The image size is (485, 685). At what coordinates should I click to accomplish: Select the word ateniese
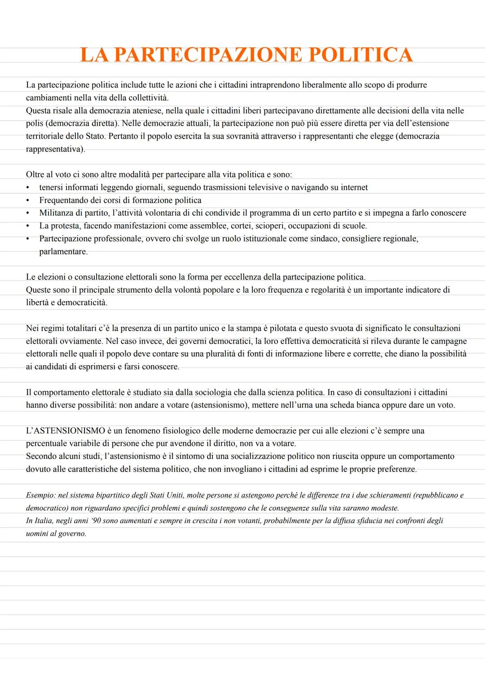click(x=149, y=110)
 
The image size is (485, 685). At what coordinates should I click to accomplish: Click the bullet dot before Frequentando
click(x=28, y=200)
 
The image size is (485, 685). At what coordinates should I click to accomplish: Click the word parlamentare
click(x=63, y=252)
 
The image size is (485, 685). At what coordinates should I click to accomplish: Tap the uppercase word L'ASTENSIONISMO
click(x=66, y=431)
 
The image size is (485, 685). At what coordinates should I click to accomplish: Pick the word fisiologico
click(x=179, y=431)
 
